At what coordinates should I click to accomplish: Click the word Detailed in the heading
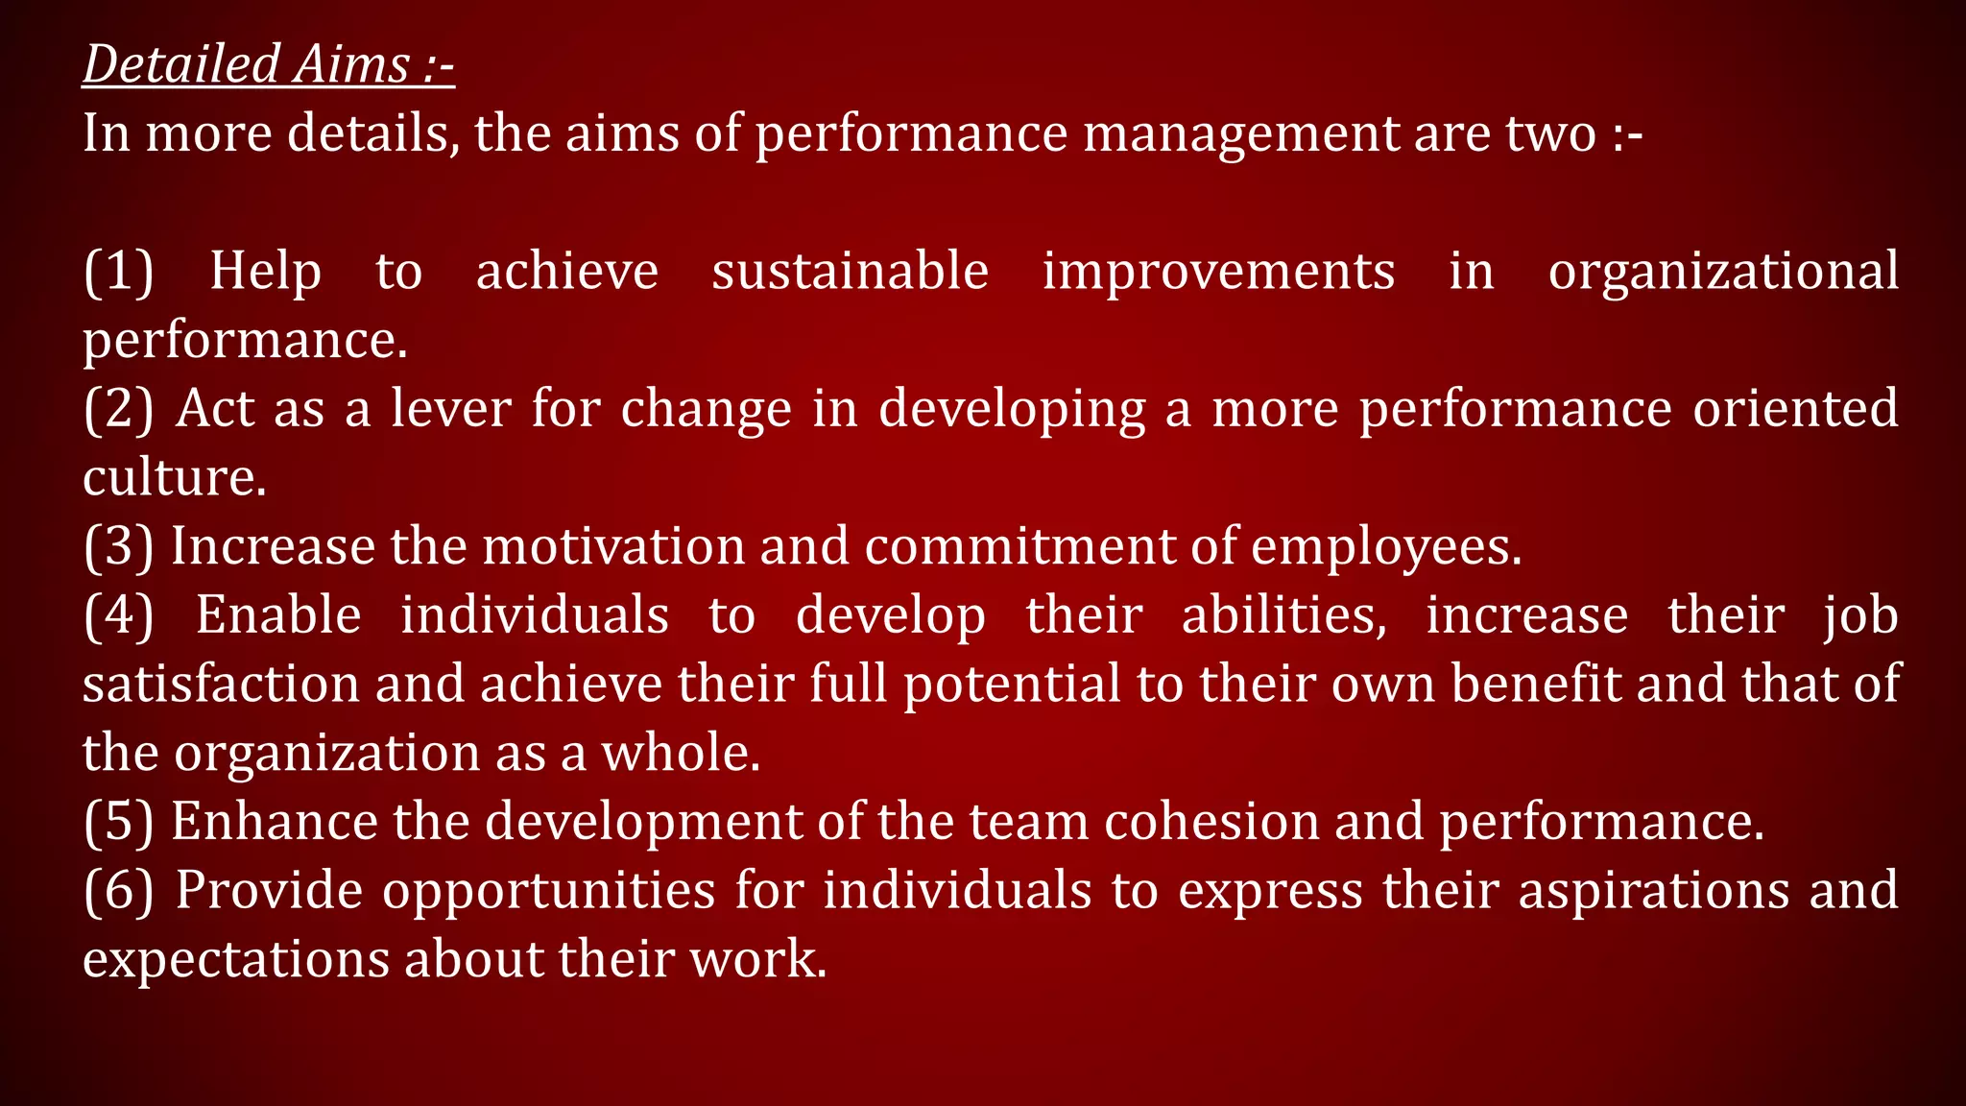[x=180, y=65]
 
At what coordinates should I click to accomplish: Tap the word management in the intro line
[x=1240, y=133]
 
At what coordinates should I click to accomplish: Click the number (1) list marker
[x=118, y=272]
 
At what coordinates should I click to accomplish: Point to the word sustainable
[x=850, y=272]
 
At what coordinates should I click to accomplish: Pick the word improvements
[x=1218, y=272]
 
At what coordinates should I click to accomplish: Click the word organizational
[x=1723, y=272]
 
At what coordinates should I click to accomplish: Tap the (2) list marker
[x=118, y=409]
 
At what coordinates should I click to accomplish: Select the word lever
[x=449, y=409]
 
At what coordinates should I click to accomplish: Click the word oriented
[x=1795, y=409]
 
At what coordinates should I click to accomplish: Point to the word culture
[x=173, y=478]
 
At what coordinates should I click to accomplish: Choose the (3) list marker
[x=118, y=547]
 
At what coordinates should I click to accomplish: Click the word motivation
[x=613, y=547]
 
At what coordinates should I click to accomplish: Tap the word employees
[x=1385, y=547]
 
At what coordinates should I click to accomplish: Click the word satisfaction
[x=221, y=685]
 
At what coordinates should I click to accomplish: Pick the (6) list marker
[x=118, y=891]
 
